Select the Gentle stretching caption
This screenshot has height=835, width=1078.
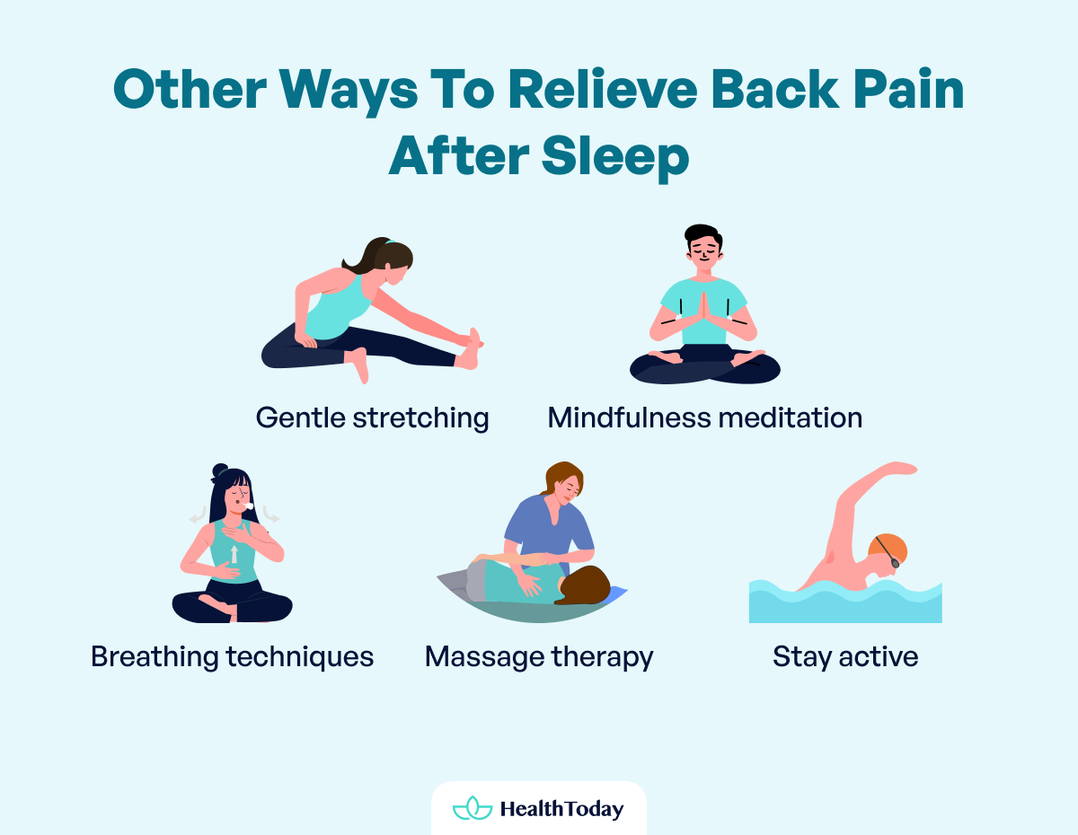(x=372, y=417)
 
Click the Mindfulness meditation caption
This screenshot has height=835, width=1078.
(x=704, y=417)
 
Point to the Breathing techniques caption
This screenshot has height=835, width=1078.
(x=232, y=656)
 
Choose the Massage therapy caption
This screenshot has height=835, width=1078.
(x=539, y=656)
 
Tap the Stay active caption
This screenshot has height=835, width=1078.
(x=845, y=656)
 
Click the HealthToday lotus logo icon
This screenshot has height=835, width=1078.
(x=473, y=808)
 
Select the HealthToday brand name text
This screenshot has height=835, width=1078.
(x=561, y=809)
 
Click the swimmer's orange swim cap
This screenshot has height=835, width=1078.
(x=889, y=547)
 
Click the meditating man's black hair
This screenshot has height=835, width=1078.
(x=703, y=236)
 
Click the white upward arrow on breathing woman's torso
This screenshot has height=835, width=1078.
(x=234, y=553)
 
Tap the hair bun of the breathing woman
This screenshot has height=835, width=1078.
(x=220, y=470)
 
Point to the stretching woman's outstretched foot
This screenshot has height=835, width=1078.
(x=471, y=349)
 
